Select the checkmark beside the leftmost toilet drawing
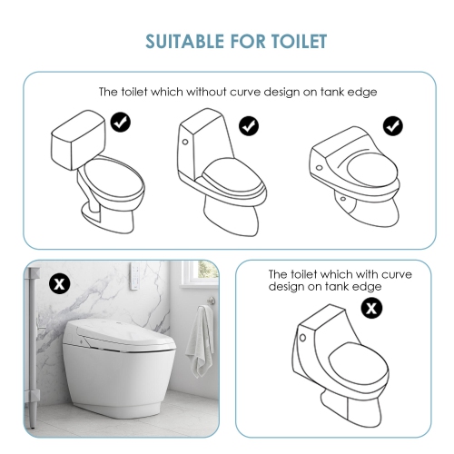[119, 121]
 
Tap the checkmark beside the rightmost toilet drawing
[392, 125]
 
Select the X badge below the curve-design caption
[371, 308]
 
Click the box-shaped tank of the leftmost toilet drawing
[77, 141]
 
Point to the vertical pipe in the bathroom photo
[32, 354]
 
